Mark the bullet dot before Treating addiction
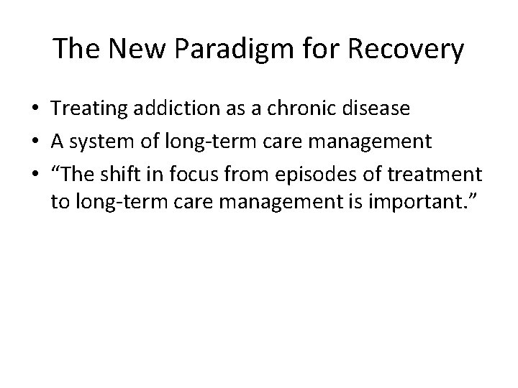tap(35, 109)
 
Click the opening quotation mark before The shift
tap(56, 171)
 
